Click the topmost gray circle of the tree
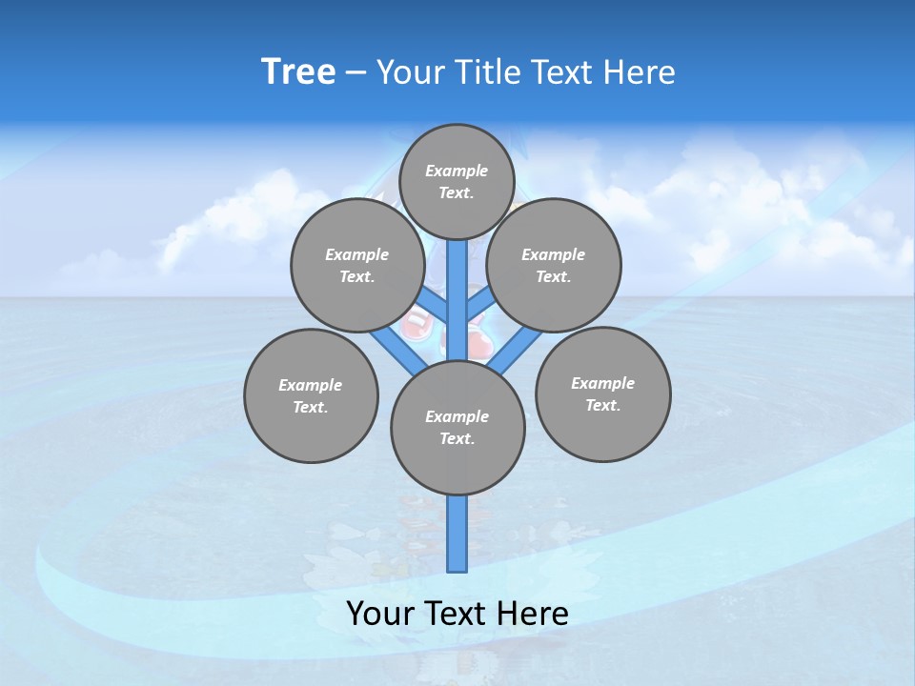(457, 181)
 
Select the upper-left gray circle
(356, 265)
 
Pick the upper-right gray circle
(553, 265)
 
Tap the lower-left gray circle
(311, 395)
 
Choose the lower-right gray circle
(602, 393)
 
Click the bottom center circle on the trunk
(457, 428)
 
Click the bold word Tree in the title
(298, 71)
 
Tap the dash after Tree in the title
(356, 72)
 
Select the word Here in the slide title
(639, 71)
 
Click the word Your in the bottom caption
(381, 614)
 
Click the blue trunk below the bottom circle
(457, 534)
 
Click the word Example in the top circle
(457, 171)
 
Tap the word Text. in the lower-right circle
(602, 405)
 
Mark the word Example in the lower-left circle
(311, 385)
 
